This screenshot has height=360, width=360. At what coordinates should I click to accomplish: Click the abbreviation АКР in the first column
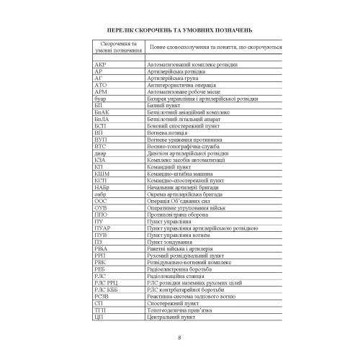tap(99, 66)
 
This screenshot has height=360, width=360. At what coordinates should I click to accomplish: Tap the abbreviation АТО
tap(100, 85)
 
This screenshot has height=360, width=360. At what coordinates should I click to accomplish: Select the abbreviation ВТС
tap(100, 145)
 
